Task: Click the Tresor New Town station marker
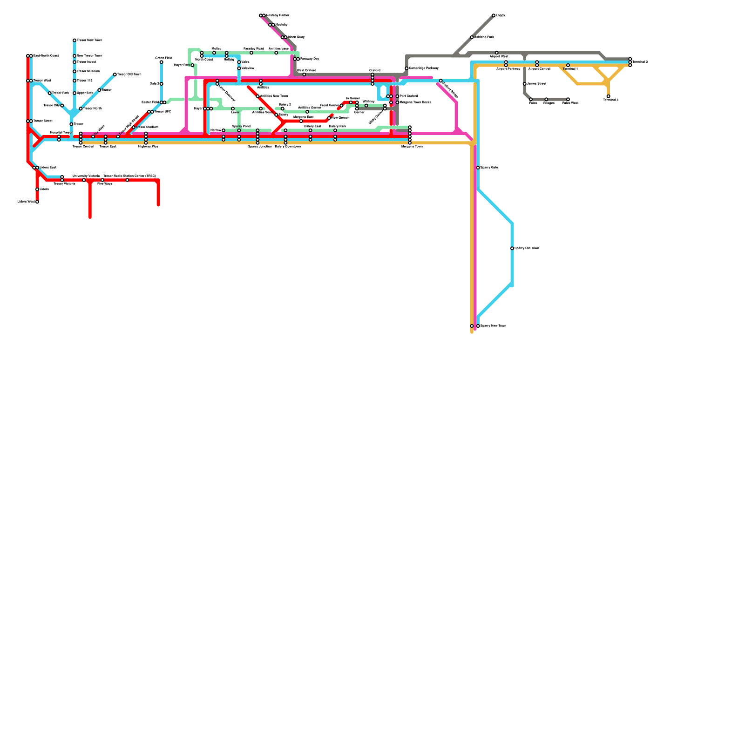pos(74,41)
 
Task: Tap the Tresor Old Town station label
pos(129,74)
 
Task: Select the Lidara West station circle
pos(37,202)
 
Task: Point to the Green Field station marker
pos(162,62)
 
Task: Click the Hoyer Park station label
pos(182,65)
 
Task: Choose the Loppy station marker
pos(494,15)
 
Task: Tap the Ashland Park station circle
pos(472,37)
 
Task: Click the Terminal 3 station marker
pos(609,96)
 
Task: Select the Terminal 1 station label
pos(570,69)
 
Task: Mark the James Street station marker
pos(525,84)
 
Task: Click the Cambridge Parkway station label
pos(423,68)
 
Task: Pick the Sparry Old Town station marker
pos(512,248)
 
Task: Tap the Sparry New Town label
pos(493,326)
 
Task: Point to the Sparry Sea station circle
pos(478,168)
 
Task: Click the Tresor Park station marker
pos(50,93)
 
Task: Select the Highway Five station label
pos(148,147)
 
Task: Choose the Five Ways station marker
pos(102,180)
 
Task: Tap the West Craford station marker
pos(305,74)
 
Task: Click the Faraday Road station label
pos(253,48)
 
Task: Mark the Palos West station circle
pos(568,99)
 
